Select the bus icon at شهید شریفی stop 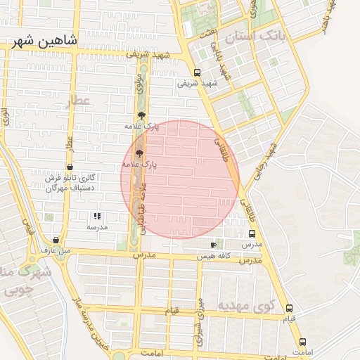pyautogui.click(x=196, y=72)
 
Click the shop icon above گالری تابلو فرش pyautogui.click(x=69, y=167)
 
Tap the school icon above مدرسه pyautogui.click(x=97, y=216)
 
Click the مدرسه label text pyautogui.click(x=97, y=227)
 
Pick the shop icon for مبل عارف pyautogui.click(x=56, y=240)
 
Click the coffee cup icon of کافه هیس pyautogui.click(x=213, y=245)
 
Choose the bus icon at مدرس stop pyautogui.click(x=252, y=233)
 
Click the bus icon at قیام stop pyautogui.click(x=289, y=309)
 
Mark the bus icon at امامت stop pyautogui.click(x=302, y=342)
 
